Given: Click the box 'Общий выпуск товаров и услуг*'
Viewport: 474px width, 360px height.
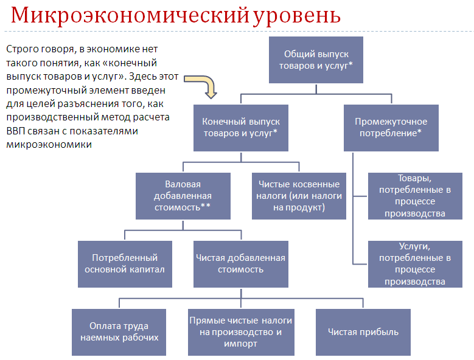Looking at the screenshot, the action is pos(316,60).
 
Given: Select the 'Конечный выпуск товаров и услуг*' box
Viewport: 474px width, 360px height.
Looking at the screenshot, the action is pos(241,128).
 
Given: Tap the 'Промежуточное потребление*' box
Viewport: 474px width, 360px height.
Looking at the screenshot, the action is pos(391,128).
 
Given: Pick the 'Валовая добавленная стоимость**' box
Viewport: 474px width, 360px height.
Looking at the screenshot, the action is pos(183,196).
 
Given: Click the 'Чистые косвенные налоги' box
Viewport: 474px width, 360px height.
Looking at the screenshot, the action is pos(299,196).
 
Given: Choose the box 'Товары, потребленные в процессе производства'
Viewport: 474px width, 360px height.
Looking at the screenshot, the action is pos(415,196).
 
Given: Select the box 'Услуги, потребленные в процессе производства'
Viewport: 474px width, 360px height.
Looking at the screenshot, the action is pos(415,264).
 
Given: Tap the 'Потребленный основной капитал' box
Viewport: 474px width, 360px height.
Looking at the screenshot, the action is pos(125,264).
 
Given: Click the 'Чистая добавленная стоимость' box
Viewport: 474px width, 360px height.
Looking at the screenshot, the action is pos(241,264).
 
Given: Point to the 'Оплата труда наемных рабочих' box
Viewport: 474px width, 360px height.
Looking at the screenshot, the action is pos(119,332).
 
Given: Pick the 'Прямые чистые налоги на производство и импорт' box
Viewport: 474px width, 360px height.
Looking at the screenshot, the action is pos(241,332).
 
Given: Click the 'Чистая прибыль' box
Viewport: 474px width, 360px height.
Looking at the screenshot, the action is pos(363,332).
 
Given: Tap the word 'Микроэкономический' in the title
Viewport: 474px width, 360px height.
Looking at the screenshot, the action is pos(130,15).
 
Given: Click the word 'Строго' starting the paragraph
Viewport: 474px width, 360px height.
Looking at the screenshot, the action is pos(21,49).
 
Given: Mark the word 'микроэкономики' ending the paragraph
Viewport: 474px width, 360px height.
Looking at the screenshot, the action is pos(49,145).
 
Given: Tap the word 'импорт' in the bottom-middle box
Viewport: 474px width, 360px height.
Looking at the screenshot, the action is pos(240,344).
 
